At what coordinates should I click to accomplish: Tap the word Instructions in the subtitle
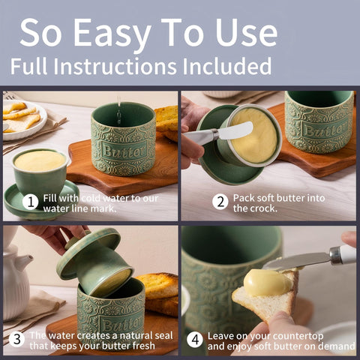115,66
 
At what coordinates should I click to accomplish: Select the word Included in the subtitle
226,66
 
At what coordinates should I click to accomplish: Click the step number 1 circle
30,202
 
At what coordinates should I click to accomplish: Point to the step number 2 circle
220,202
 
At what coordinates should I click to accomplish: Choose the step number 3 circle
16,340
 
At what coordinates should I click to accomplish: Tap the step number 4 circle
195,340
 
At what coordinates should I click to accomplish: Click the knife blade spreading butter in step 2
235,130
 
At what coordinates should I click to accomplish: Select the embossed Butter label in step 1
124,151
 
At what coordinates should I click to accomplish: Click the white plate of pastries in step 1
23,119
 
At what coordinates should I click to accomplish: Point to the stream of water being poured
119,110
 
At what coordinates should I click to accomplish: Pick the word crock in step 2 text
264,208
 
